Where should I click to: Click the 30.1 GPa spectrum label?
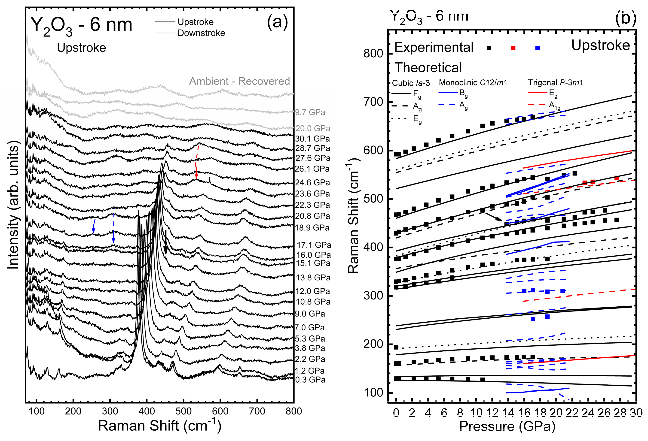312,139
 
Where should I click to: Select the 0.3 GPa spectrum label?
310,380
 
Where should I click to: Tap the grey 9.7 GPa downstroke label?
310,112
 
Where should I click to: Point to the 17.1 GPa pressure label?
314,245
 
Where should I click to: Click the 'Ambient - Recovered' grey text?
239,81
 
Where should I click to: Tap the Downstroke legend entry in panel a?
201,33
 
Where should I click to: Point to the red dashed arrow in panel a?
197,162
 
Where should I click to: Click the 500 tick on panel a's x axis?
183,411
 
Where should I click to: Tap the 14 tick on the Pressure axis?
508,413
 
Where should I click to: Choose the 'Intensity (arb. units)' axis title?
13,205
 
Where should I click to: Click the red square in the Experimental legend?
513,48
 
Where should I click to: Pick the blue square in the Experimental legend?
538,48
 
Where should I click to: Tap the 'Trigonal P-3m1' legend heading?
555,82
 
